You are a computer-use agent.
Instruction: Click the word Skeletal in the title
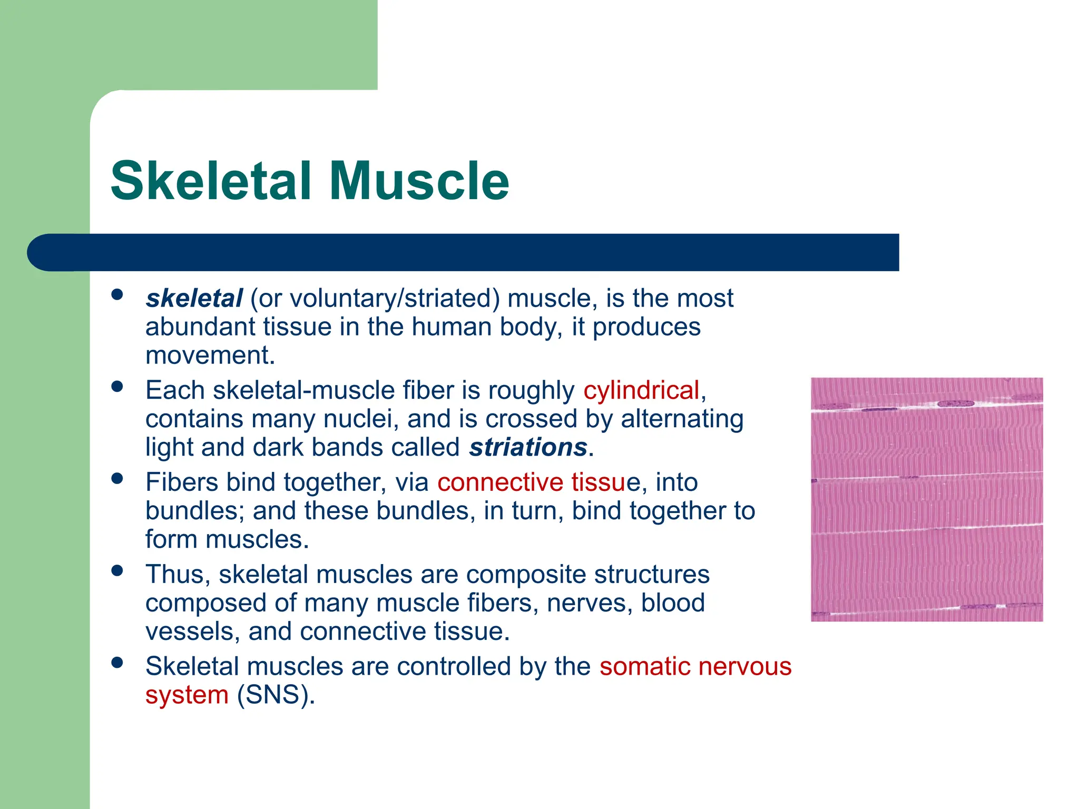(211, 181)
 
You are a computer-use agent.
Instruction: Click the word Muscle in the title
(419, 181)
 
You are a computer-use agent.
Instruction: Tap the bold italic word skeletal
(194, 299)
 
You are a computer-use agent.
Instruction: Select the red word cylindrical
(641, 391)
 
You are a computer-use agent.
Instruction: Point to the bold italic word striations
(528, 448)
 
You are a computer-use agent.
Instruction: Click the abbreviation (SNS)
(276, 695)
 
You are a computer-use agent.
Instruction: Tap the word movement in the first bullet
(210, 356)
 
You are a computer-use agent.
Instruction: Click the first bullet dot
(117, 294)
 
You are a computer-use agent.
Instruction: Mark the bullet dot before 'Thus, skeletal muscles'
(117, 570)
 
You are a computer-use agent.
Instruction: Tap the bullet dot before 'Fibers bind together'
(117, 478)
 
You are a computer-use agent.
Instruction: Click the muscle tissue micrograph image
(927, 499)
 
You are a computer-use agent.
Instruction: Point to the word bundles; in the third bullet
(194, 511)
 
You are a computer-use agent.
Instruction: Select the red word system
(187, 695)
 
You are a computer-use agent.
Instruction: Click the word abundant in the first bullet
(200, 327)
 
